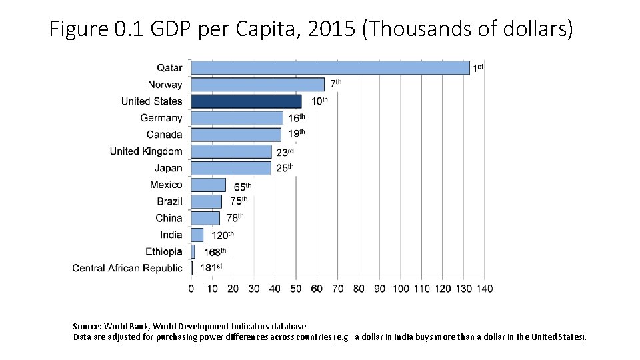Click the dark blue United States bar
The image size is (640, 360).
(246, 101)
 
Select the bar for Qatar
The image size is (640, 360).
(330, 68)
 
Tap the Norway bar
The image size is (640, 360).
(257, 85)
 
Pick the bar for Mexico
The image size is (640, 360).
(208, 185)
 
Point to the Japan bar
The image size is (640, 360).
(231, 168)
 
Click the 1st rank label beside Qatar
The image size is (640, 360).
(478, 67)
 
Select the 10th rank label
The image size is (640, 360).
(320, 101)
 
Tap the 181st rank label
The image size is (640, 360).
(211, 268)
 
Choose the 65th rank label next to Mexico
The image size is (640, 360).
(243, 187)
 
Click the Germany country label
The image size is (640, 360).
(161, 118)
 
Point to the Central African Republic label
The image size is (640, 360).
(127, 268)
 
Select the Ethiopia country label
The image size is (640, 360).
(164, 251)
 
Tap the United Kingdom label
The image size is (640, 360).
(146, 151)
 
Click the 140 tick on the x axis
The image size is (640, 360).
(485, 289)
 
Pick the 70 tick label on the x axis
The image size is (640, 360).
(337, 289)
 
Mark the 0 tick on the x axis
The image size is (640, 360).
(191, 289)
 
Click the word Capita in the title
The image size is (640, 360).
(241, 30)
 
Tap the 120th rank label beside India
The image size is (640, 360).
(223, 235)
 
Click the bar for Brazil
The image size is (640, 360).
(206, 201)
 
